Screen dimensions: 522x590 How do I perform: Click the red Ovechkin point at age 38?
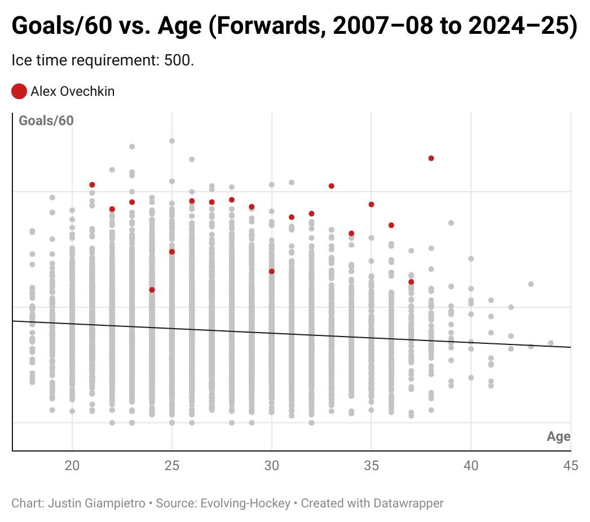[431, 158]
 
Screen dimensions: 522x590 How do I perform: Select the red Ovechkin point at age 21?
[92, 185]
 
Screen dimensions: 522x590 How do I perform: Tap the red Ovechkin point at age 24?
[152, 290]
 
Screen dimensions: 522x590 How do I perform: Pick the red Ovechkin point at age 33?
[332, 186]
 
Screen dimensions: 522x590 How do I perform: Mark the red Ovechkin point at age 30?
[272, 271]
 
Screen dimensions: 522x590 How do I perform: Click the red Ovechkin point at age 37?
[411, 282]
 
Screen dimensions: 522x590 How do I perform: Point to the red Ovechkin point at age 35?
[371, 204]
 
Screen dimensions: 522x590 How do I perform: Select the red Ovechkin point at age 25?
[172, 251]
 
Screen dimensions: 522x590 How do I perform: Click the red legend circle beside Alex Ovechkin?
[19, 91]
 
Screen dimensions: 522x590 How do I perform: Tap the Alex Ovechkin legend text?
[72, 91]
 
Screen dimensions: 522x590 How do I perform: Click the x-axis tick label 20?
[72, 466]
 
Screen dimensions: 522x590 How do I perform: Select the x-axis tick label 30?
[272, 466]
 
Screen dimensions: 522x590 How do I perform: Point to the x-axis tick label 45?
[570, 466]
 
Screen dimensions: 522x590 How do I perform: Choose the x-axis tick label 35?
[371, 466]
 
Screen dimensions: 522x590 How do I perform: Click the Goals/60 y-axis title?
[46, 121]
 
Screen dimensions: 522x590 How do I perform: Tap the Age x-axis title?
[558, 437]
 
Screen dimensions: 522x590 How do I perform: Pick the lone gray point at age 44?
[551, 343]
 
